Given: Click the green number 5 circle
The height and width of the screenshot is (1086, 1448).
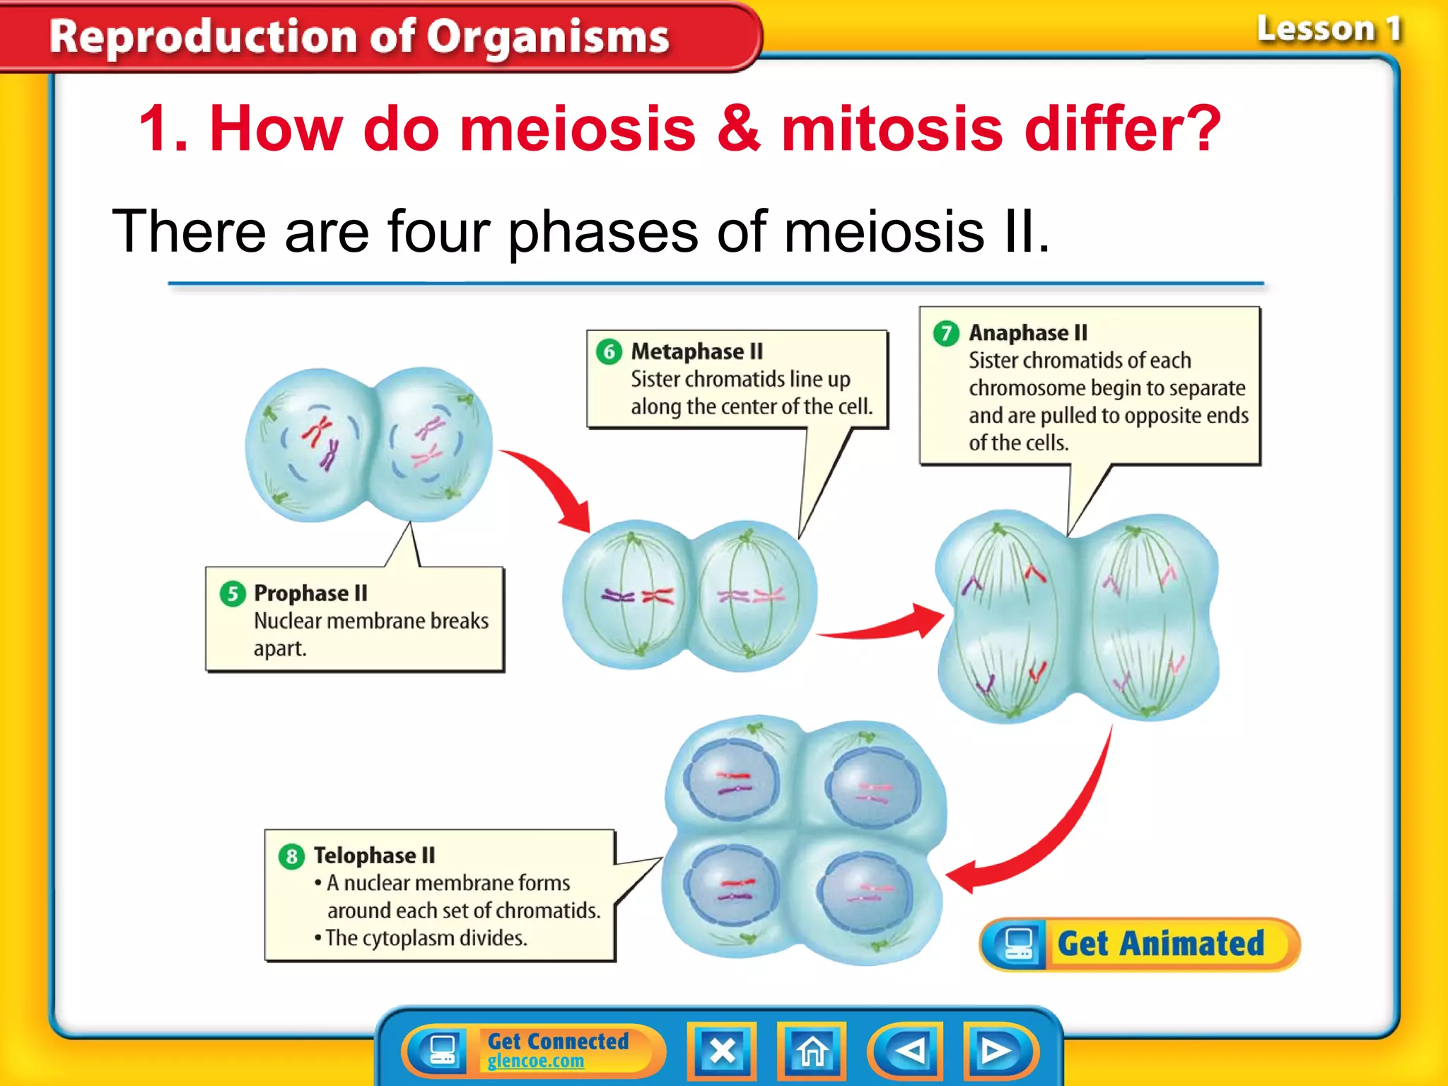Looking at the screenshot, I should tap(233, 594).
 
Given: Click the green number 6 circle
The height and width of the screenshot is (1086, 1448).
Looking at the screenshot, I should tap(609, 351).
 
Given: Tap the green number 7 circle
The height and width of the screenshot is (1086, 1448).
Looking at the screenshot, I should tap(946, 333).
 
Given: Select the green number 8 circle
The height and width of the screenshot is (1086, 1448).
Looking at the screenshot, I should tap(291, 857).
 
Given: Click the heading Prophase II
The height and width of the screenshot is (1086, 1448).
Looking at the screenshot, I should tap(310, 593).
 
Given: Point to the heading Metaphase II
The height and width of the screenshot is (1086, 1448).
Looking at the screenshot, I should tap(696, 351).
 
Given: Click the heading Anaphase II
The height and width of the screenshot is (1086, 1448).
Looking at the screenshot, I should tap(1027, 332).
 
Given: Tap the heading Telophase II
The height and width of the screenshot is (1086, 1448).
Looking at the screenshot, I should tap(374, 856).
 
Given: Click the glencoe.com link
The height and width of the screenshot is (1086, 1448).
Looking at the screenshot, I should tap(535, 1061).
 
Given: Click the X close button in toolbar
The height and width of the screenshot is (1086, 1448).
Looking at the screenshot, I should tap(722, 1051).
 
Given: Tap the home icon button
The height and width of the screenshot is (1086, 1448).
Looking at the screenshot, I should tap(812, 1051).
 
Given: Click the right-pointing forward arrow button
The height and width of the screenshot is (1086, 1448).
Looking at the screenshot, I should tap(997, 1051).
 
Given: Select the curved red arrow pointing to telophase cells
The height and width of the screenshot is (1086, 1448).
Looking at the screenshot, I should tap(1046, 834).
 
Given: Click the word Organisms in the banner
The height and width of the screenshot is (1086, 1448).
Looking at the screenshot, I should tap(547, 37).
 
